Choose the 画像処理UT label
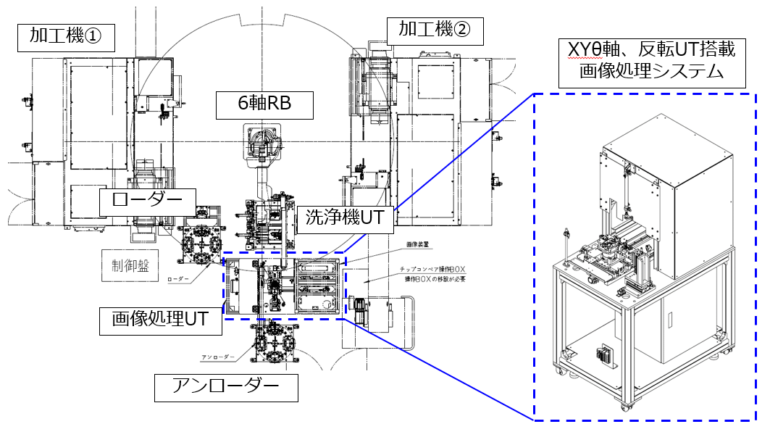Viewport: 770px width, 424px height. pos(161,319)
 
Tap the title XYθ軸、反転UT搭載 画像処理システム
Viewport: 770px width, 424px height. pos(649,60)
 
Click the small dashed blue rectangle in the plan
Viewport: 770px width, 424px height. pos(285,286)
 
